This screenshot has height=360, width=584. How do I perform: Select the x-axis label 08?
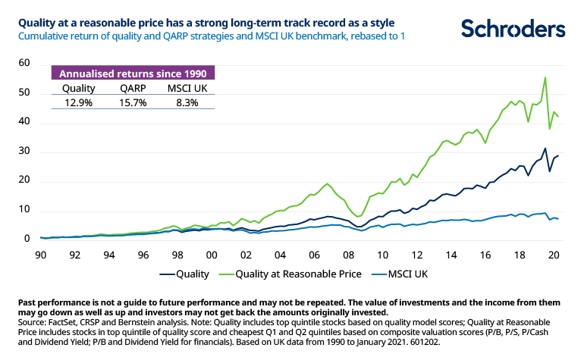[x=347, y=255]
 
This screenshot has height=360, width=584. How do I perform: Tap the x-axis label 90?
[x=40, y=255]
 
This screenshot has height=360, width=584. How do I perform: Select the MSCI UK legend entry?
[x=418, y=274]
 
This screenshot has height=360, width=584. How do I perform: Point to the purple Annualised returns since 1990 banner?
[x=132, y=74]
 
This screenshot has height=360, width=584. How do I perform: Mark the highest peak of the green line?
[x=545, y=77]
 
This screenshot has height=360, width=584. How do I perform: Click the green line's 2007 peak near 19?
[x=327, y=183]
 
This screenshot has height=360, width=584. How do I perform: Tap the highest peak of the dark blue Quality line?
[x=545, y=149]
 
